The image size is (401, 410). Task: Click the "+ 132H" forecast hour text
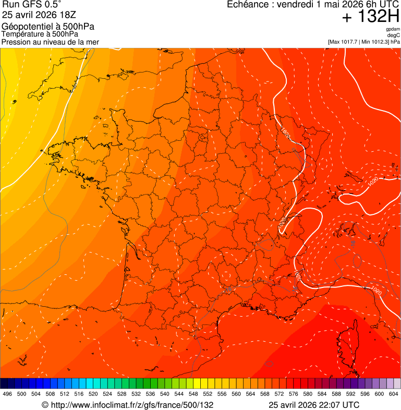point(370,17)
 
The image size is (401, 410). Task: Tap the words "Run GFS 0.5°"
point(32,5)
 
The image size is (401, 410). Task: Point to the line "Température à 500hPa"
point(40,34)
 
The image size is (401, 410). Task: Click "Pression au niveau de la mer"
point(50,42)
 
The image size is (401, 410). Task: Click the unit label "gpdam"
point(393,29)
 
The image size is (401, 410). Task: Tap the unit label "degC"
point(394,35)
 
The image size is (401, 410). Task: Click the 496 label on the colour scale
point(7,394)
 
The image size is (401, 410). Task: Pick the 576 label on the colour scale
point(294,394)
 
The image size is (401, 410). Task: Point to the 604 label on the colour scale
point(394,394)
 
